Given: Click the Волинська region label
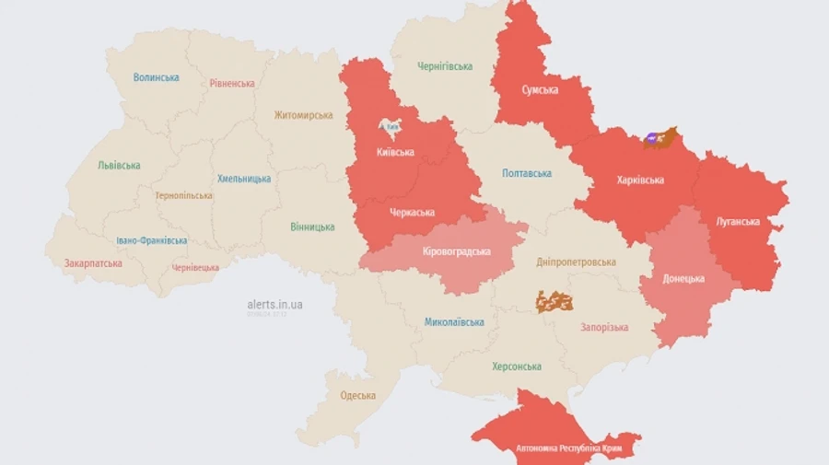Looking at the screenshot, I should point(156,77).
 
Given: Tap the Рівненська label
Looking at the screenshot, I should point(231,83).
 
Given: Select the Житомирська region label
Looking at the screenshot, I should point(303,115).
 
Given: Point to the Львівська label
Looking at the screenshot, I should point(119,166).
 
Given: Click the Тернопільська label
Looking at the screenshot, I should point(183,195).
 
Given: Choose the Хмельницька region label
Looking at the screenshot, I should point(244,179).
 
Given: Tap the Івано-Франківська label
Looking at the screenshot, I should point(151,240).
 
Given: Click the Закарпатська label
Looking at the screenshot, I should point(92,263).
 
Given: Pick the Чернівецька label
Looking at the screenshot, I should point(195,268).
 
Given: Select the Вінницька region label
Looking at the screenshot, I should point(312,227).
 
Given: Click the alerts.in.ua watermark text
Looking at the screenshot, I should point(275,304).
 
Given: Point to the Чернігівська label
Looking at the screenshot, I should point(444,66).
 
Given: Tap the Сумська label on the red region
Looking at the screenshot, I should point(540,89).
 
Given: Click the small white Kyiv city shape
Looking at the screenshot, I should point(391,124).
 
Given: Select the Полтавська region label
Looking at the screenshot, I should point(527,173).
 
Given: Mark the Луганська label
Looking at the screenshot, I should point(737,221).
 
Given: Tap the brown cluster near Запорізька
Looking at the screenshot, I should point(555,301).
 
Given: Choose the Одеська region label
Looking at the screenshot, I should point(357,396).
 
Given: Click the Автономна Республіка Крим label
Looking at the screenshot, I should point(556,448).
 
